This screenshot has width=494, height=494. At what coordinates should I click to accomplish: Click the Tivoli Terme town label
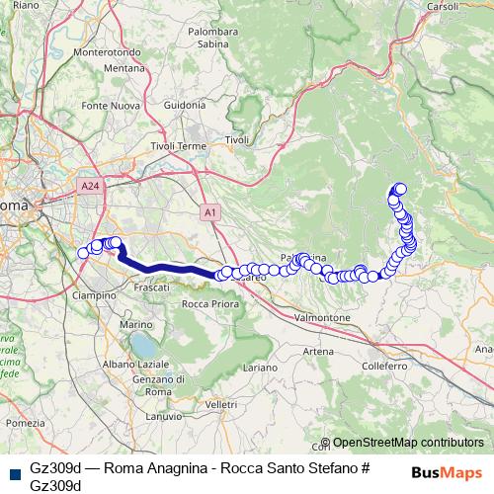[178, 146]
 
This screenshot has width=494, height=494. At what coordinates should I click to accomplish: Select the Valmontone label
[323, 318]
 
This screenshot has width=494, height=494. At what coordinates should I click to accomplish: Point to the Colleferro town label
[384, 366]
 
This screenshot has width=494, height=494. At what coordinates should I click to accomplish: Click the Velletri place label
[221, 405]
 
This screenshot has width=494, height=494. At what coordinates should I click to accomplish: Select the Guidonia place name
[184, 105]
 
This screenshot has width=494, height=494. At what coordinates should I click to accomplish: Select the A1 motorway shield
[210, 211]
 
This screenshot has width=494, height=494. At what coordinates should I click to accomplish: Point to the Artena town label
[318, 351]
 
